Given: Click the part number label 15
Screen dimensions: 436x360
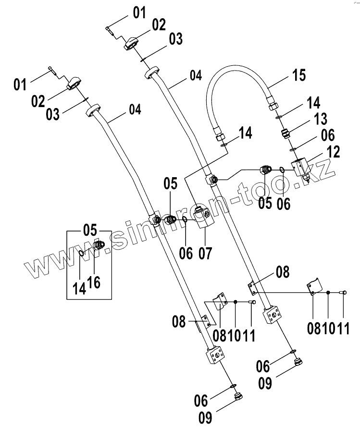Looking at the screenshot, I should click(298, 75).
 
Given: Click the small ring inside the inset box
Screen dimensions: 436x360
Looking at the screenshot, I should click(82, 253).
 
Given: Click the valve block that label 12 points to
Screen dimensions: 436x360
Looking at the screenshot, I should click(304, 169).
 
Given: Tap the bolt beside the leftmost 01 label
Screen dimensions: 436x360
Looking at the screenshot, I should click(52, 72).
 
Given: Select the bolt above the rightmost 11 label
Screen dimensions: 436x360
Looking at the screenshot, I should click(344, 291).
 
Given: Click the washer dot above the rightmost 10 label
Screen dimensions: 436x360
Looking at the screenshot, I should click(328, 292).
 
